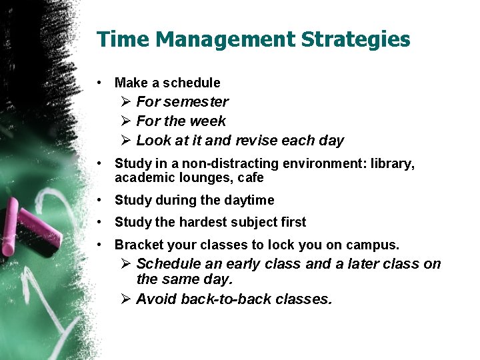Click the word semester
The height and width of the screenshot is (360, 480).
click(195, 102)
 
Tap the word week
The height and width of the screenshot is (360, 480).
click(208, 121)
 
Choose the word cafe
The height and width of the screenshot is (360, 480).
click(251, 178)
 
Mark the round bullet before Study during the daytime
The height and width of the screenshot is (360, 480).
click(99, 200)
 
